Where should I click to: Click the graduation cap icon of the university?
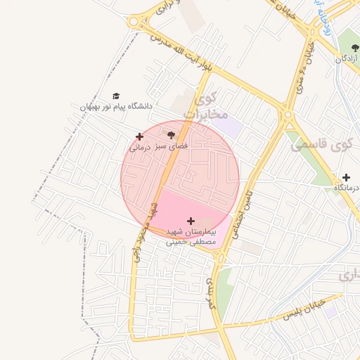116,96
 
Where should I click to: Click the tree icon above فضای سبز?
171,134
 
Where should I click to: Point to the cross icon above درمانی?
139,136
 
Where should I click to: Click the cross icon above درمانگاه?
345,177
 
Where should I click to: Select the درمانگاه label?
344,188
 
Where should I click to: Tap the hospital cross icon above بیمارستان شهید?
191,221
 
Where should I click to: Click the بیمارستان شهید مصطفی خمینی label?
191,236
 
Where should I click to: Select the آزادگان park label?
346,59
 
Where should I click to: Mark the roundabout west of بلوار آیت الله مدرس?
137,20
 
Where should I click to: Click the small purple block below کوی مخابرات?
231,127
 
